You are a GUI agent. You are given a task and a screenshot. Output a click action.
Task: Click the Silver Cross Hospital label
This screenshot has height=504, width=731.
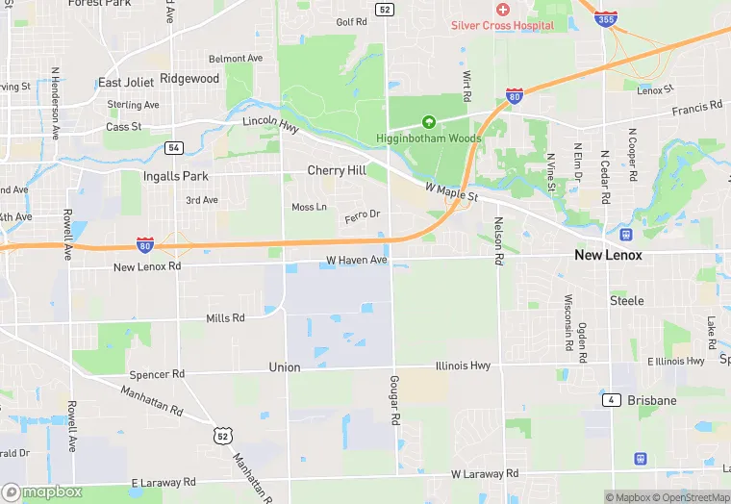tap(502, 25)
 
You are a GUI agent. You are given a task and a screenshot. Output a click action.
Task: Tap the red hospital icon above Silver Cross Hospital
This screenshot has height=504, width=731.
tap(502, 10)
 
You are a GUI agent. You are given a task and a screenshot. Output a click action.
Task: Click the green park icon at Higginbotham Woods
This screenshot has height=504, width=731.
tap(429, 122)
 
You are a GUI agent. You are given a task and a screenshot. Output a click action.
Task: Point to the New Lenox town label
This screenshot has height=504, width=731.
tap(608, 255)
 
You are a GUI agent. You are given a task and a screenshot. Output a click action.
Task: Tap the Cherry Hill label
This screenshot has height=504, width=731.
tap(337, 170)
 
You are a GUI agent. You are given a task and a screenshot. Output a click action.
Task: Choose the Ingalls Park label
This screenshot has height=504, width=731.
tap(175, 177)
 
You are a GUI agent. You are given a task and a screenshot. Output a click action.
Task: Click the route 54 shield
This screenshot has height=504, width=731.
tap(173, 147)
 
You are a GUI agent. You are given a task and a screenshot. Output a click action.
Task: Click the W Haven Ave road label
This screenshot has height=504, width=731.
tap(356, 260)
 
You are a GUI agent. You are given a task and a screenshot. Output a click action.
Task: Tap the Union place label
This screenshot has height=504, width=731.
tap(285, 367)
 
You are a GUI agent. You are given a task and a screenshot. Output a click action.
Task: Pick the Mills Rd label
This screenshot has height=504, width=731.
tap(225, 317)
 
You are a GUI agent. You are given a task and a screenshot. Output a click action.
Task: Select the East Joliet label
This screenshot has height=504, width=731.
tap(123, 83)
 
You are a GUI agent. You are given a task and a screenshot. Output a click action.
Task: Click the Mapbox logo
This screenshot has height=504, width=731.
tap(42, 491)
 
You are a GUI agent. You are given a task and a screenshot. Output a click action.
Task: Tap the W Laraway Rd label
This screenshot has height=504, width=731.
tap(485, 474)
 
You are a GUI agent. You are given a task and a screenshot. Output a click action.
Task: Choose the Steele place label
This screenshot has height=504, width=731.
tap(627, 301)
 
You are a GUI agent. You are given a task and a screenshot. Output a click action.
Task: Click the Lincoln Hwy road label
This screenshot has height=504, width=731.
tap(272, 121)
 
